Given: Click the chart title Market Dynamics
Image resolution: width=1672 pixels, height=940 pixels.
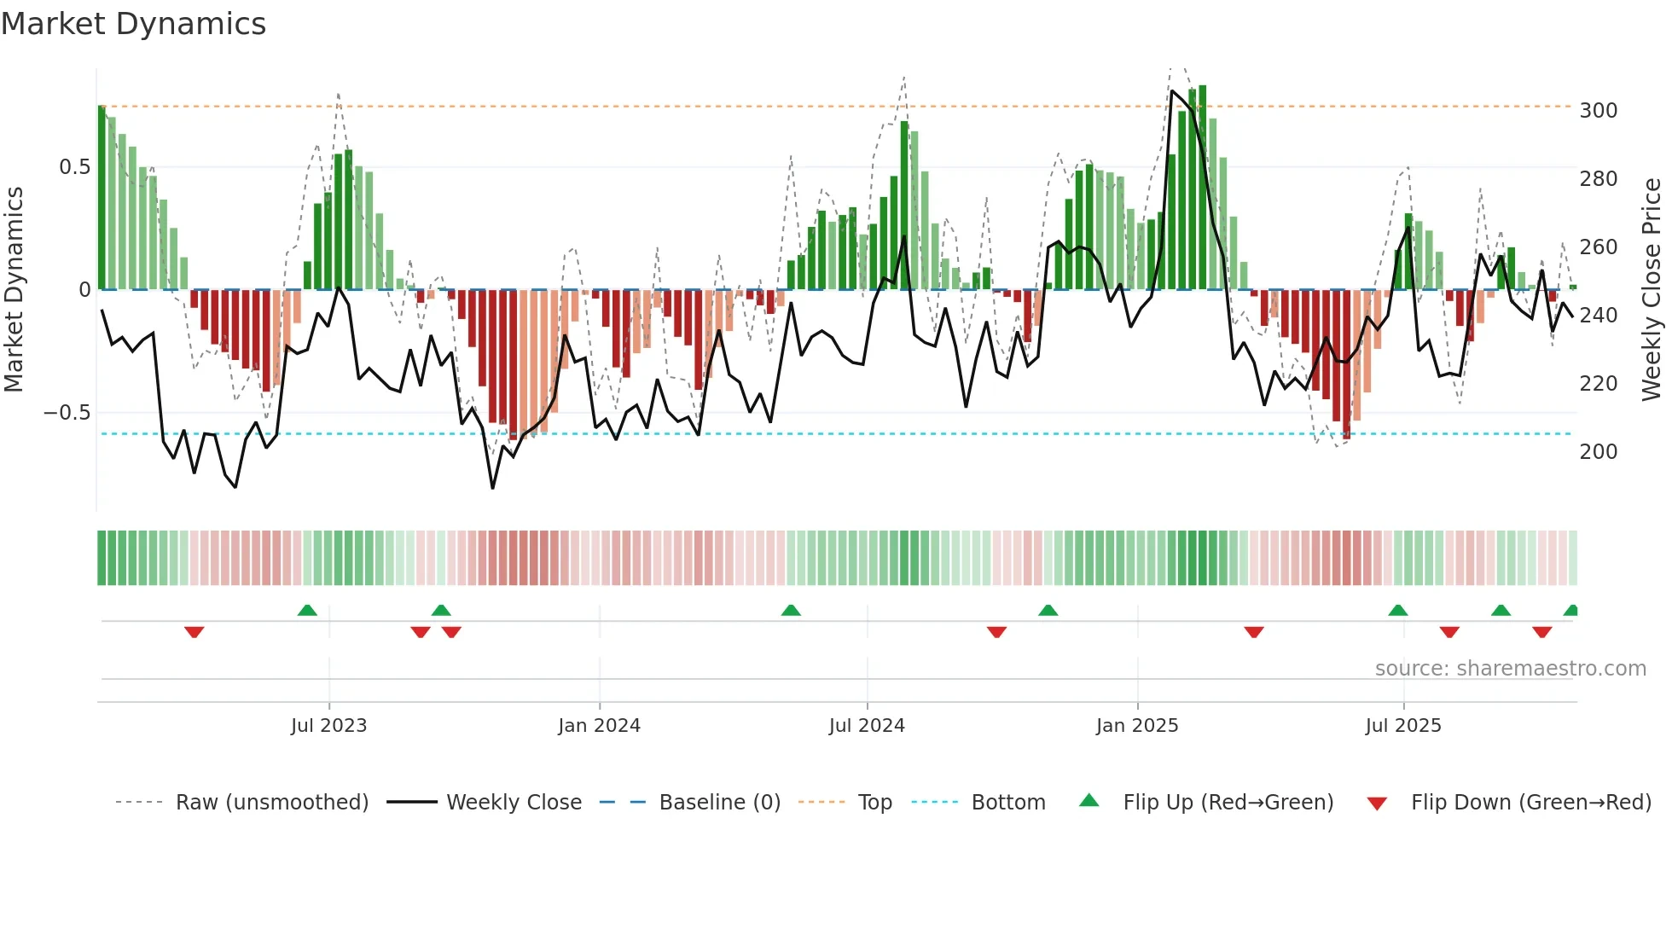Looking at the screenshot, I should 133,24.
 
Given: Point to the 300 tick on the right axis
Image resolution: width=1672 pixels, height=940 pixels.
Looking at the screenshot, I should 1598,111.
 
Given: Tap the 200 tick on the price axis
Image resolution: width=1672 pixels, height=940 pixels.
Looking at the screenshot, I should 1598,452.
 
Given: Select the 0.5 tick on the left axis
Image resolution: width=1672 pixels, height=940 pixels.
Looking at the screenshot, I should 74,167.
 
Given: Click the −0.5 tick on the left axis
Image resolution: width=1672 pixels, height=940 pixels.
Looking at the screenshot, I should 67,413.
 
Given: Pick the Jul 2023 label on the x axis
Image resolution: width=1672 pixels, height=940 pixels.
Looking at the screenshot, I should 328,726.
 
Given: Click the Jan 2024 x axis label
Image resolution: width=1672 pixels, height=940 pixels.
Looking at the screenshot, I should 599,726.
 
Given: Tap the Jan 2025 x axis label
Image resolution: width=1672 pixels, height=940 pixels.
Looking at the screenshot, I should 1136,726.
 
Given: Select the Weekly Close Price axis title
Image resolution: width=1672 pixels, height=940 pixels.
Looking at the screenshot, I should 1652,290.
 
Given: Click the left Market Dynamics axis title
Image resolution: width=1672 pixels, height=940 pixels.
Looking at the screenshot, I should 14,290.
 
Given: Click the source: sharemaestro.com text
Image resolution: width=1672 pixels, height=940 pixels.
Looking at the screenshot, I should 1510,669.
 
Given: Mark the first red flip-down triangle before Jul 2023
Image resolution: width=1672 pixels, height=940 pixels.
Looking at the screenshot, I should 194,632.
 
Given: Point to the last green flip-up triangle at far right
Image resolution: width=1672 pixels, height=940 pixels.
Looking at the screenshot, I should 1571,610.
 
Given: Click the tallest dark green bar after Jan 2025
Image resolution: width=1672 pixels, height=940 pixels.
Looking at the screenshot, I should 1202,188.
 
